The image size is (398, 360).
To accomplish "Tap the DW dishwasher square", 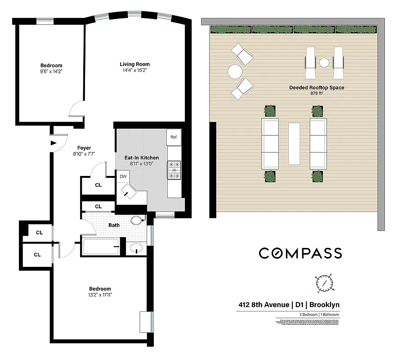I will pyautogui.click(x=123, y=176).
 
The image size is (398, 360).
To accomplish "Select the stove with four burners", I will pyautogui.click(x=174, y=170).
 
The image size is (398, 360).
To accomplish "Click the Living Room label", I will pyautogui.click(x=134, y=64).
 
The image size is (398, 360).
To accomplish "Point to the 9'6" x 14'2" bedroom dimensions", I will pyautogui.click(x=50, y=72).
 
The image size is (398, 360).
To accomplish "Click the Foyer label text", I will pyautogui.click(x=84, y=148).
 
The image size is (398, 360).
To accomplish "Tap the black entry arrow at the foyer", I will pyautogui.click(x=53, y=144).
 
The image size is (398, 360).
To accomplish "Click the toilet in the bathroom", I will pyautogui.click(x=137, y=220).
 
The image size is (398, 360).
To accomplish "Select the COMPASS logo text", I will pyautogui.click(x=300, y=253).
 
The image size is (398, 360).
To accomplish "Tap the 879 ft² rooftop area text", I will pyautogui.click(x=317, y=94).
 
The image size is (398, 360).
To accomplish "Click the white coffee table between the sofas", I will pyautogui.click(x=294, y=144).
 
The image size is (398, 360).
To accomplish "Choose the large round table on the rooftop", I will pyautogui.click(x=235, y=72).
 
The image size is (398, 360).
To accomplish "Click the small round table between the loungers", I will pyautogui.click(x=324, y=63).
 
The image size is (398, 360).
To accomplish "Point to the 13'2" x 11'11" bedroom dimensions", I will pyautogui.click(x=100, y=295).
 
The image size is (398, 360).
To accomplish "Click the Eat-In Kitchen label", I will pyautogui.click(x=141, y=157).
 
